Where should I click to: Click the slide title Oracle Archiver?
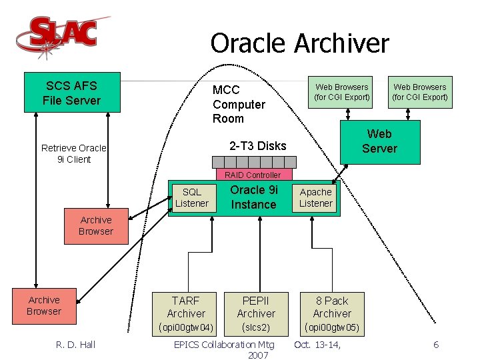tap(299, 44)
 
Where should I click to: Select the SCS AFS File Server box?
tap(71, 93)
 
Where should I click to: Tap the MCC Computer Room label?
tap(239, 104)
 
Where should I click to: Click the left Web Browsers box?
tap(342, 92)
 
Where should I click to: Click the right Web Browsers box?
tap(420, 92)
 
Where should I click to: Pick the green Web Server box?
tap(379, 141)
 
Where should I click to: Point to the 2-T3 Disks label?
tap(257, 146)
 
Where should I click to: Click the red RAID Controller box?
tap(253, 175)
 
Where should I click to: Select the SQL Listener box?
tap(192, 198)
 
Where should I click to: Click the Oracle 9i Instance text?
tap(253, 197)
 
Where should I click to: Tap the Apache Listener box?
tap(315, 198)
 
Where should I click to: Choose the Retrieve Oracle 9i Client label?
tap(74, 153)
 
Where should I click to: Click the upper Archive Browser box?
tap(96, 225)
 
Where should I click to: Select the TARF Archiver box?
tap(186, 307)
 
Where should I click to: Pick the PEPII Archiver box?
tap(256, 307)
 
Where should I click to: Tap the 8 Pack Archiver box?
tap(332, 307)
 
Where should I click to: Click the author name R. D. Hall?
tap(75, 345)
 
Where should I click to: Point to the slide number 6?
tap(436, 345)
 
